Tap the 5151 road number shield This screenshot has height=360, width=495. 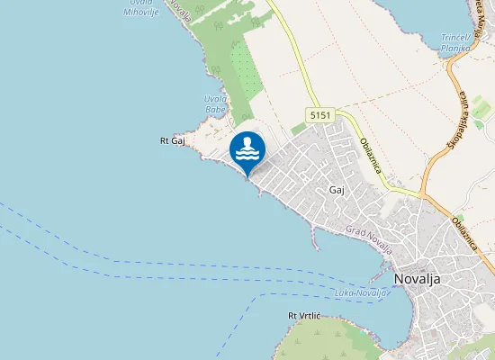(319, 116)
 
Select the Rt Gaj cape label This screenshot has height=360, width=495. (172, 140)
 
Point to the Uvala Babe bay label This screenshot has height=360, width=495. (215, 103)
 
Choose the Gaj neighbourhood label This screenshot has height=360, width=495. (337, 191)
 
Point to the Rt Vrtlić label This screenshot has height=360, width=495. (304, 316)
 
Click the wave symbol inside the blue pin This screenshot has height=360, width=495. (247, 154)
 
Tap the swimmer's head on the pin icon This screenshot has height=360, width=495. (252, 143)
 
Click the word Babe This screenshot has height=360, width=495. (215, 110)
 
